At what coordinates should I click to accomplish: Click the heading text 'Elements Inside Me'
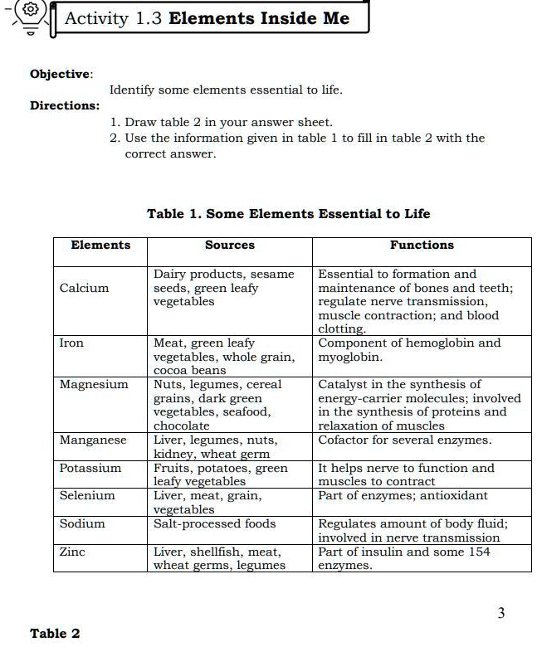point(258,18)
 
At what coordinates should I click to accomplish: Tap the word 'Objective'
point(61,74)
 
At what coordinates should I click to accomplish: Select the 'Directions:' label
point(65,105)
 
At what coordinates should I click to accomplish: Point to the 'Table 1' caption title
point(288,213)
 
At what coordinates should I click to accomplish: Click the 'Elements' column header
point(100,245)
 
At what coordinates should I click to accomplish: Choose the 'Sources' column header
point(229,245)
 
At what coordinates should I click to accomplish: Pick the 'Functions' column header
point(422,245)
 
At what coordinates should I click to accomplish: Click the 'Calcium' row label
point(84,288)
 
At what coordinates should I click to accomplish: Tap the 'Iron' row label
point(71,343)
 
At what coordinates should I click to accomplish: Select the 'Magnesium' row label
point(94,384)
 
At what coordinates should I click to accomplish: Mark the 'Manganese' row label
point(93,440)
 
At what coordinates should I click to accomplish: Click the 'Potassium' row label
point(90,468)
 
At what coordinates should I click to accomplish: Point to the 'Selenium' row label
point(87,495)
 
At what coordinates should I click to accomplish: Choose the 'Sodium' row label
point(82,523)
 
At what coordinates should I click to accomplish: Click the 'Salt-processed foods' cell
point(214,523)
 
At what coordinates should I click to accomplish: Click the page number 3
point(500,613)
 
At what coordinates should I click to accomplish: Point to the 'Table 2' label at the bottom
point(55,634)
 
